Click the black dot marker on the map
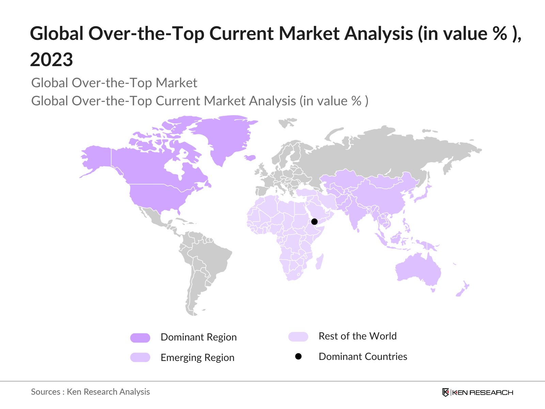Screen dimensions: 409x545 314,222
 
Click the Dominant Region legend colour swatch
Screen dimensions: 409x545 140,338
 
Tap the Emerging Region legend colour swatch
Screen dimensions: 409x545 140,358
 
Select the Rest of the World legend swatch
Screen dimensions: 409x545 298,337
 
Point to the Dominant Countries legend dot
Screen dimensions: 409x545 298,357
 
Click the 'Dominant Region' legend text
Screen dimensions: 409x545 199,337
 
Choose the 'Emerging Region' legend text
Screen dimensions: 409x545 198,358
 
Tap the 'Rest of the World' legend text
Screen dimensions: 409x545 358,336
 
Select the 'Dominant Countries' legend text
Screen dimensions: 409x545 363,357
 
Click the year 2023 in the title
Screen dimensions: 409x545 51,60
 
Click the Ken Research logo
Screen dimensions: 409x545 478,392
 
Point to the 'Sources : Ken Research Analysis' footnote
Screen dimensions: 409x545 90,392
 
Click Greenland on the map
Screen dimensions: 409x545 225,136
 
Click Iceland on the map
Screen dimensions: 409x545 250,157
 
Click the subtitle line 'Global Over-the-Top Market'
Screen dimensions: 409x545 114,83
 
